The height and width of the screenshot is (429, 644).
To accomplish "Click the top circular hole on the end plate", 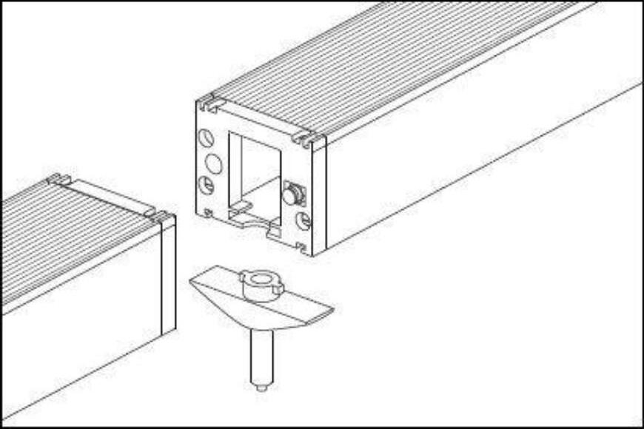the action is point(207,138).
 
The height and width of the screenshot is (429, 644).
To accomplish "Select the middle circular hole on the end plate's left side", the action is point(213,163).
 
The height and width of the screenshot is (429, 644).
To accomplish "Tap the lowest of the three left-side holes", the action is point(207,185).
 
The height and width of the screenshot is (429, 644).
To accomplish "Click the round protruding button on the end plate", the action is point(293,194).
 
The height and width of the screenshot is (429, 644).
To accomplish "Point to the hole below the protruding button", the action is point(303,220).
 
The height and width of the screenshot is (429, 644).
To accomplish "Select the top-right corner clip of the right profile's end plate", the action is point(307,138).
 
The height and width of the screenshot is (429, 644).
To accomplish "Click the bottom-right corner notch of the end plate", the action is point(301,247).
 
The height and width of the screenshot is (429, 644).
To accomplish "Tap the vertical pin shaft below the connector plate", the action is point(261,355).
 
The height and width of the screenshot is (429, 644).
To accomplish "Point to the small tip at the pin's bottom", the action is point(261,386).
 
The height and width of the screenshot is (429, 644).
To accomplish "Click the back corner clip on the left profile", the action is point(58,179).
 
